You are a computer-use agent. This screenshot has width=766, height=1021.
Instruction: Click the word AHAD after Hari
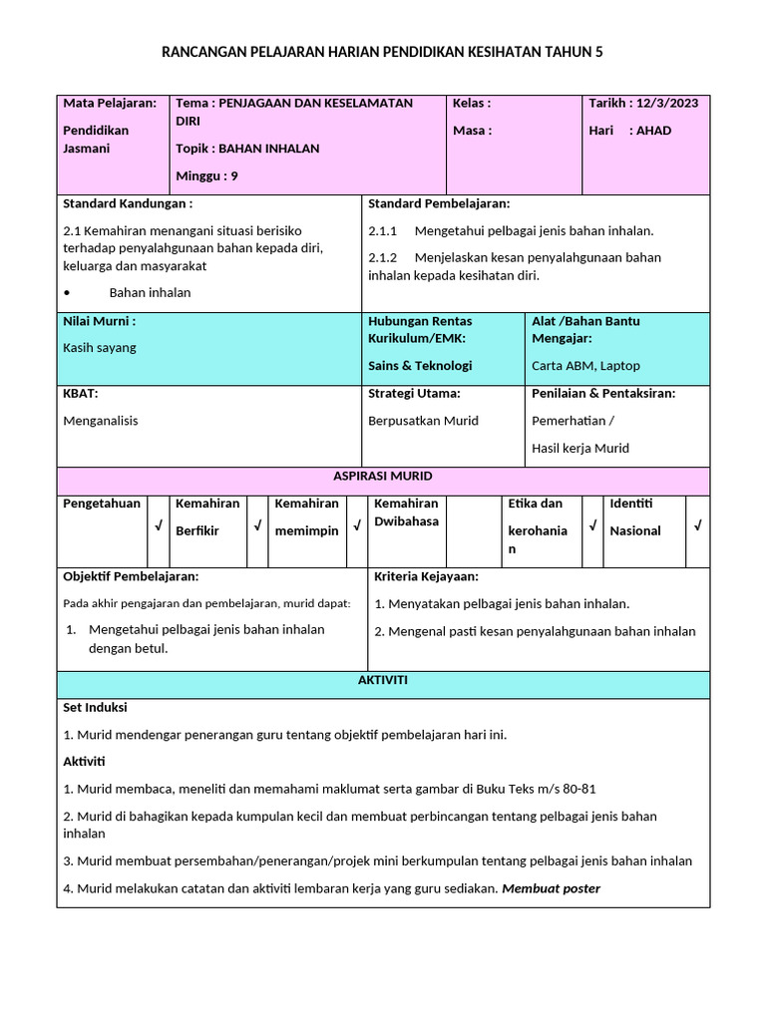pyautogui.click(x=654, y=131)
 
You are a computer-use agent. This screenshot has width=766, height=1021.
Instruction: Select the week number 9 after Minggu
pyautogui.click(x=234, y=176)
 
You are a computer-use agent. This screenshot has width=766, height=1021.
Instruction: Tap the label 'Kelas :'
pyautogui.click(x=472, y=103)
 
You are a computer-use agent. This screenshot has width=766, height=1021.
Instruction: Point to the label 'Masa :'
pyautogui.click(x=472, y=131)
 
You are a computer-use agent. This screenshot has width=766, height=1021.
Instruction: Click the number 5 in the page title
pyautogui.click(x=599, y=52)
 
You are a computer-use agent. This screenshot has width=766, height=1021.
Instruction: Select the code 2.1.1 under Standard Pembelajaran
pyautogui.click(x=383, y=231)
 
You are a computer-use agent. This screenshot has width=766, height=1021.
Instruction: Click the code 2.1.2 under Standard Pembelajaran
pyautogui.click(x=383, y=257)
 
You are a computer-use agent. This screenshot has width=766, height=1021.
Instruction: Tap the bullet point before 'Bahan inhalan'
pyautogui.click(x=66, y=293)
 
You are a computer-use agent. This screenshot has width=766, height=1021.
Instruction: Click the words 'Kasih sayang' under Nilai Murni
pyautogui.click(x=100, y=348)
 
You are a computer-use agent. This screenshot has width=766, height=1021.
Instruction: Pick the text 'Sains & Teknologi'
pyautogui.click(x=420, y=366)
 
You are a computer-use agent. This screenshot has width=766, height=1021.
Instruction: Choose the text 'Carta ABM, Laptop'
pyautogui.click(x=585, y=366)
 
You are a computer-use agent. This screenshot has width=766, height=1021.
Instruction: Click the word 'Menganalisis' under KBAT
pyautogui.click(x=101, y=421)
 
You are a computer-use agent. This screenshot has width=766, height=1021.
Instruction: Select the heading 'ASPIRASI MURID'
pyautogui.click(x=383, y=477)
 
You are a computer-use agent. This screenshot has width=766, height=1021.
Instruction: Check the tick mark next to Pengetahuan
pyautogui.click(x=158, y=525)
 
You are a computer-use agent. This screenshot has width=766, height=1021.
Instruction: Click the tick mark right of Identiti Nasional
pyautogui.click(x=697, y=525)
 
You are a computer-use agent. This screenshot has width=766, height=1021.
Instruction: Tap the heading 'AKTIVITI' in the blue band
pyautogui.click(x=383, y=681)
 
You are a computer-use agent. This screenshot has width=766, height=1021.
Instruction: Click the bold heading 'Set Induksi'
pyautogui.click(x=95, y=708)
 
